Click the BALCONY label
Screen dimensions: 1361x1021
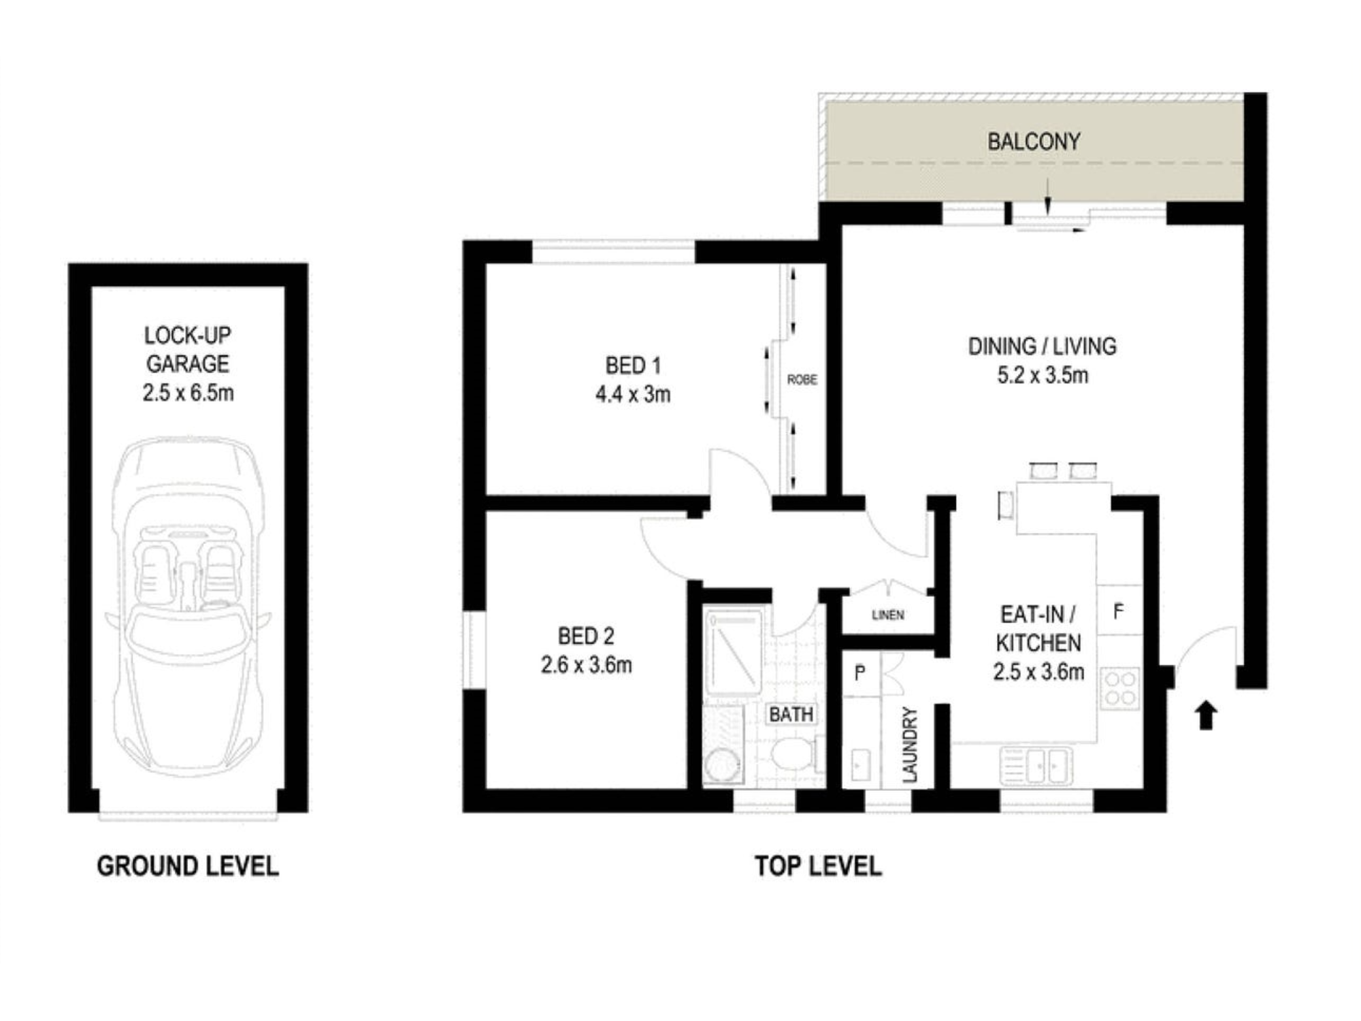click(x=1034, y=142)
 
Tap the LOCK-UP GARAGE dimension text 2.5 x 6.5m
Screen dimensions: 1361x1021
click(x=188, y=393)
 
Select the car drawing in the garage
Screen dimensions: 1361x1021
click(x=188, y=606)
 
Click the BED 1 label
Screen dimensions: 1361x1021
click(x=633, y=366)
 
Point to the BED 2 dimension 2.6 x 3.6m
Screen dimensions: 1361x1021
click(x=586, y=664)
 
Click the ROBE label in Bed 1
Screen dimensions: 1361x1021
click(x=802, y=380)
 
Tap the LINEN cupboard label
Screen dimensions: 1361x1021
click(x=887, y=615)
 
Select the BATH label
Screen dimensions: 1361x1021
click(x=791, y=714)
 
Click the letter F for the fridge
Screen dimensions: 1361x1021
click(x=1118, y=612)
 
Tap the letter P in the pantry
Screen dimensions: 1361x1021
click(x=860, y=673)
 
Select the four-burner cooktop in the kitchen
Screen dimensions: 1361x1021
click(x=1119, y=688)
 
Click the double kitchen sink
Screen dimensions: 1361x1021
click(x=1036, y=765)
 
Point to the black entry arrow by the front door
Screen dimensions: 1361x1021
click(x=1206, y=715)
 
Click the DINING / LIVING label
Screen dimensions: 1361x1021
click(x=1042, y=346)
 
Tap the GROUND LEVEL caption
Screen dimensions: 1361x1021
click(x=188, y=866)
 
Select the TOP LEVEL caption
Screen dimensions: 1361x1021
click(x=818, y=866)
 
